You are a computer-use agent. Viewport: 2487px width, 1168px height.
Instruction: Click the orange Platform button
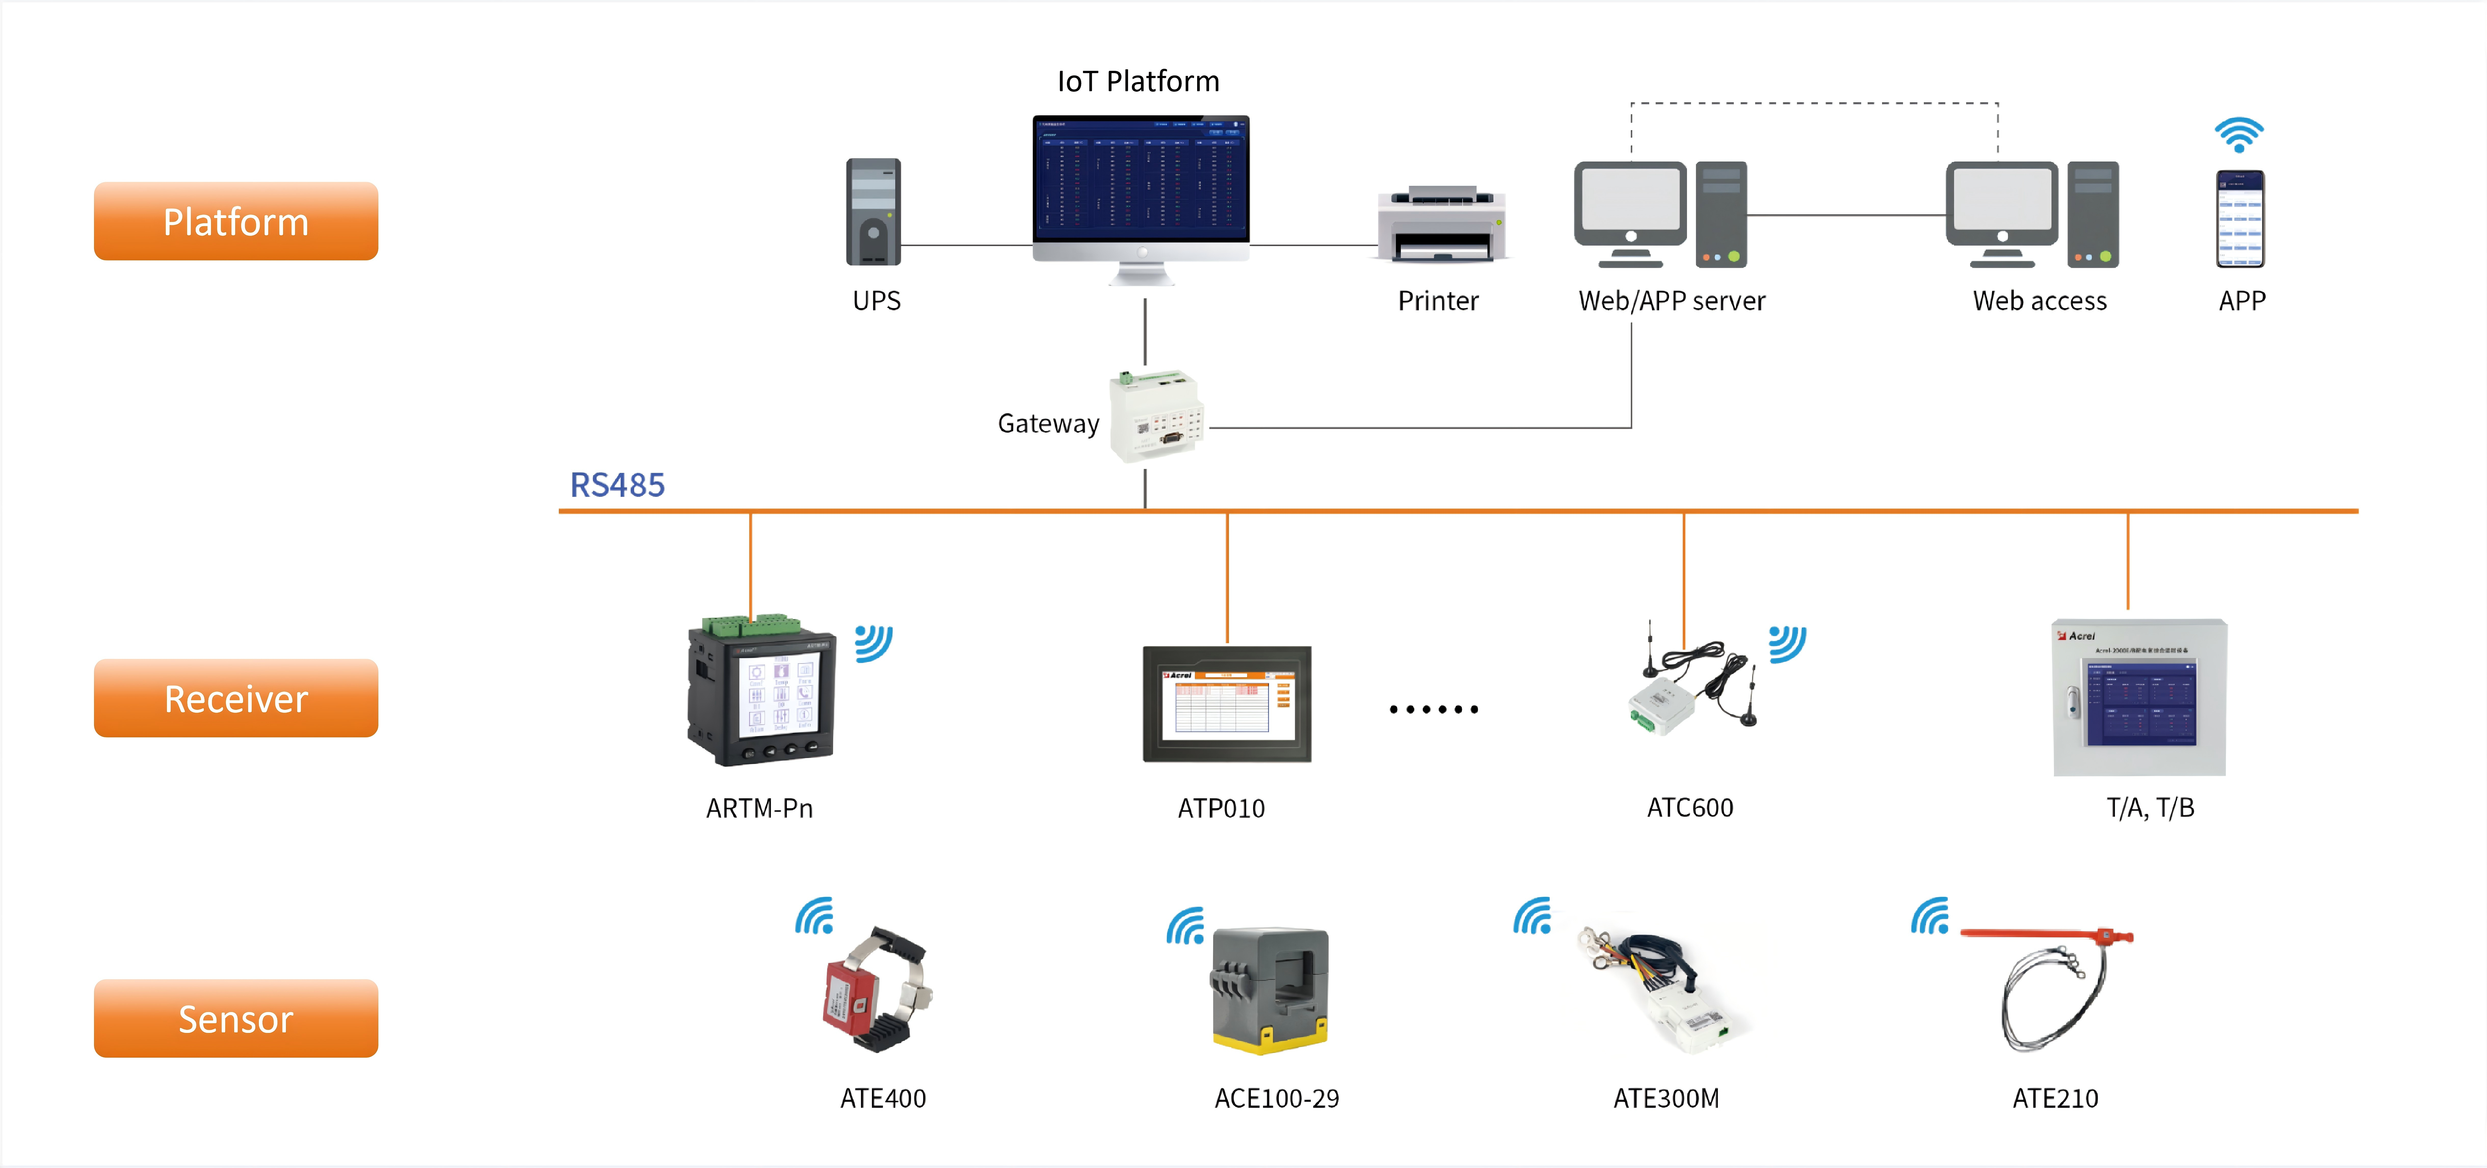(x=235, y=221)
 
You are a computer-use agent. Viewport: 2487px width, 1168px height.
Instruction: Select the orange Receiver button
(x=235, y=698)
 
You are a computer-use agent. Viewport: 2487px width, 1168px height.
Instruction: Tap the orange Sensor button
(x=235, y=1018)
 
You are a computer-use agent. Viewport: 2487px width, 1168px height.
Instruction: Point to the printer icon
(x=1441, y=224)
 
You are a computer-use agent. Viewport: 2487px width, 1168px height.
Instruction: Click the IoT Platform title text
(x=1138, y=81)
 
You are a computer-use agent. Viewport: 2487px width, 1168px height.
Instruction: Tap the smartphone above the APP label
(x=2240, y=219)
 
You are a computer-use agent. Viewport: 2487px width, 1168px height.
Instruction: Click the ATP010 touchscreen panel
(x=1226, y=704)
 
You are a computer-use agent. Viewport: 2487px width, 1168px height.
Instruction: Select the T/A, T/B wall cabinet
(x=2139, y=697)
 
